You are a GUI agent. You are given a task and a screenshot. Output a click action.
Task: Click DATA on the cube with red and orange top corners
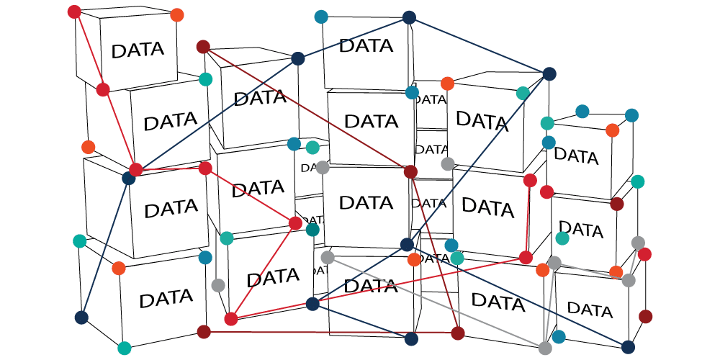(138, 50)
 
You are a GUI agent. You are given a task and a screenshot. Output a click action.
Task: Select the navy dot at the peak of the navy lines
(409, 18)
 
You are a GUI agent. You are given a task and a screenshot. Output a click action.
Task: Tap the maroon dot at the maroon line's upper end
(203, 48)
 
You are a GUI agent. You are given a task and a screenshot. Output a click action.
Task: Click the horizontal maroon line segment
(331, 333)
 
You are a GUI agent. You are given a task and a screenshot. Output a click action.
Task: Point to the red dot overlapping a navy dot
(135, 170)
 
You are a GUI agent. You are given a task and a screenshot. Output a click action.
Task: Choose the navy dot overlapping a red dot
(128, 178)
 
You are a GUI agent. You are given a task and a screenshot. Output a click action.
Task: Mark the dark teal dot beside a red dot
(312, 230)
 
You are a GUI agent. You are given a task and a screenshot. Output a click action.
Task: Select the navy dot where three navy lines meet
(407, 245)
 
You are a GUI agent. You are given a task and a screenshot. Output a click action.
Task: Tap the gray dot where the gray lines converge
(545, 348)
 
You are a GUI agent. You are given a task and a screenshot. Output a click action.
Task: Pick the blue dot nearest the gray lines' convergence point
(559, 336)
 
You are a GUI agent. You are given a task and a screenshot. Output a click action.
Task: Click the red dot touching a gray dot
(644, 254)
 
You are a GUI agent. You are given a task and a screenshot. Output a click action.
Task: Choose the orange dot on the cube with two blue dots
(612, 130)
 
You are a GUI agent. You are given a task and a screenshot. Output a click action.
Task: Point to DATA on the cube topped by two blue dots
(576, 156)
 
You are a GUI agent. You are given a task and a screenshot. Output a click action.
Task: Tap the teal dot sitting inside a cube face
(562, 238)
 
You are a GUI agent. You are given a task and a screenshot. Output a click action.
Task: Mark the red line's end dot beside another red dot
(530, 180)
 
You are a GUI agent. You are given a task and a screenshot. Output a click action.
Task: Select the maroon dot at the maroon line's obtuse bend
(410, 171)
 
